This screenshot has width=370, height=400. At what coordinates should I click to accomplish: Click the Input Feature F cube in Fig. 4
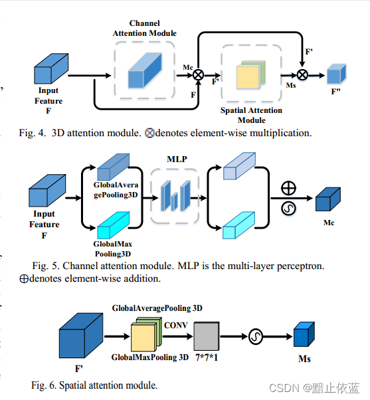[51, 69]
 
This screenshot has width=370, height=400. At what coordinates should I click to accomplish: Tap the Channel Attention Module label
[144, 28]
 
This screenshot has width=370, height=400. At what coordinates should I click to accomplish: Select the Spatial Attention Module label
[251, 115]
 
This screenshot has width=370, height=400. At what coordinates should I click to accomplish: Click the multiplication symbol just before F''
[302, 74]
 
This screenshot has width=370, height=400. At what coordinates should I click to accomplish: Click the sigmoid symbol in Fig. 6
[256, 338]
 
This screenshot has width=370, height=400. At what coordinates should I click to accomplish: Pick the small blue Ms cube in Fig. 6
[304, 336]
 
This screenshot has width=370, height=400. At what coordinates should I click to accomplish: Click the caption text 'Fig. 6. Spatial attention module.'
[94, 385]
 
